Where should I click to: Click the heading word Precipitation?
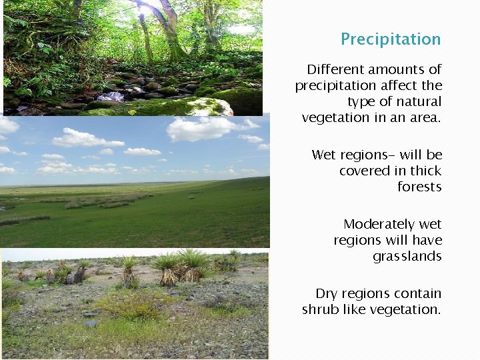[391, 39]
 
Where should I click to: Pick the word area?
[426, 118]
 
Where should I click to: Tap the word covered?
[363, 171]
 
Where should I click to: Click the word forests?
[419, 187]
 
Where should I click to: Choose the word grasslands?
[407, 257]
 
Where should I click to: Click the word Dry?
[327, 294]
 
